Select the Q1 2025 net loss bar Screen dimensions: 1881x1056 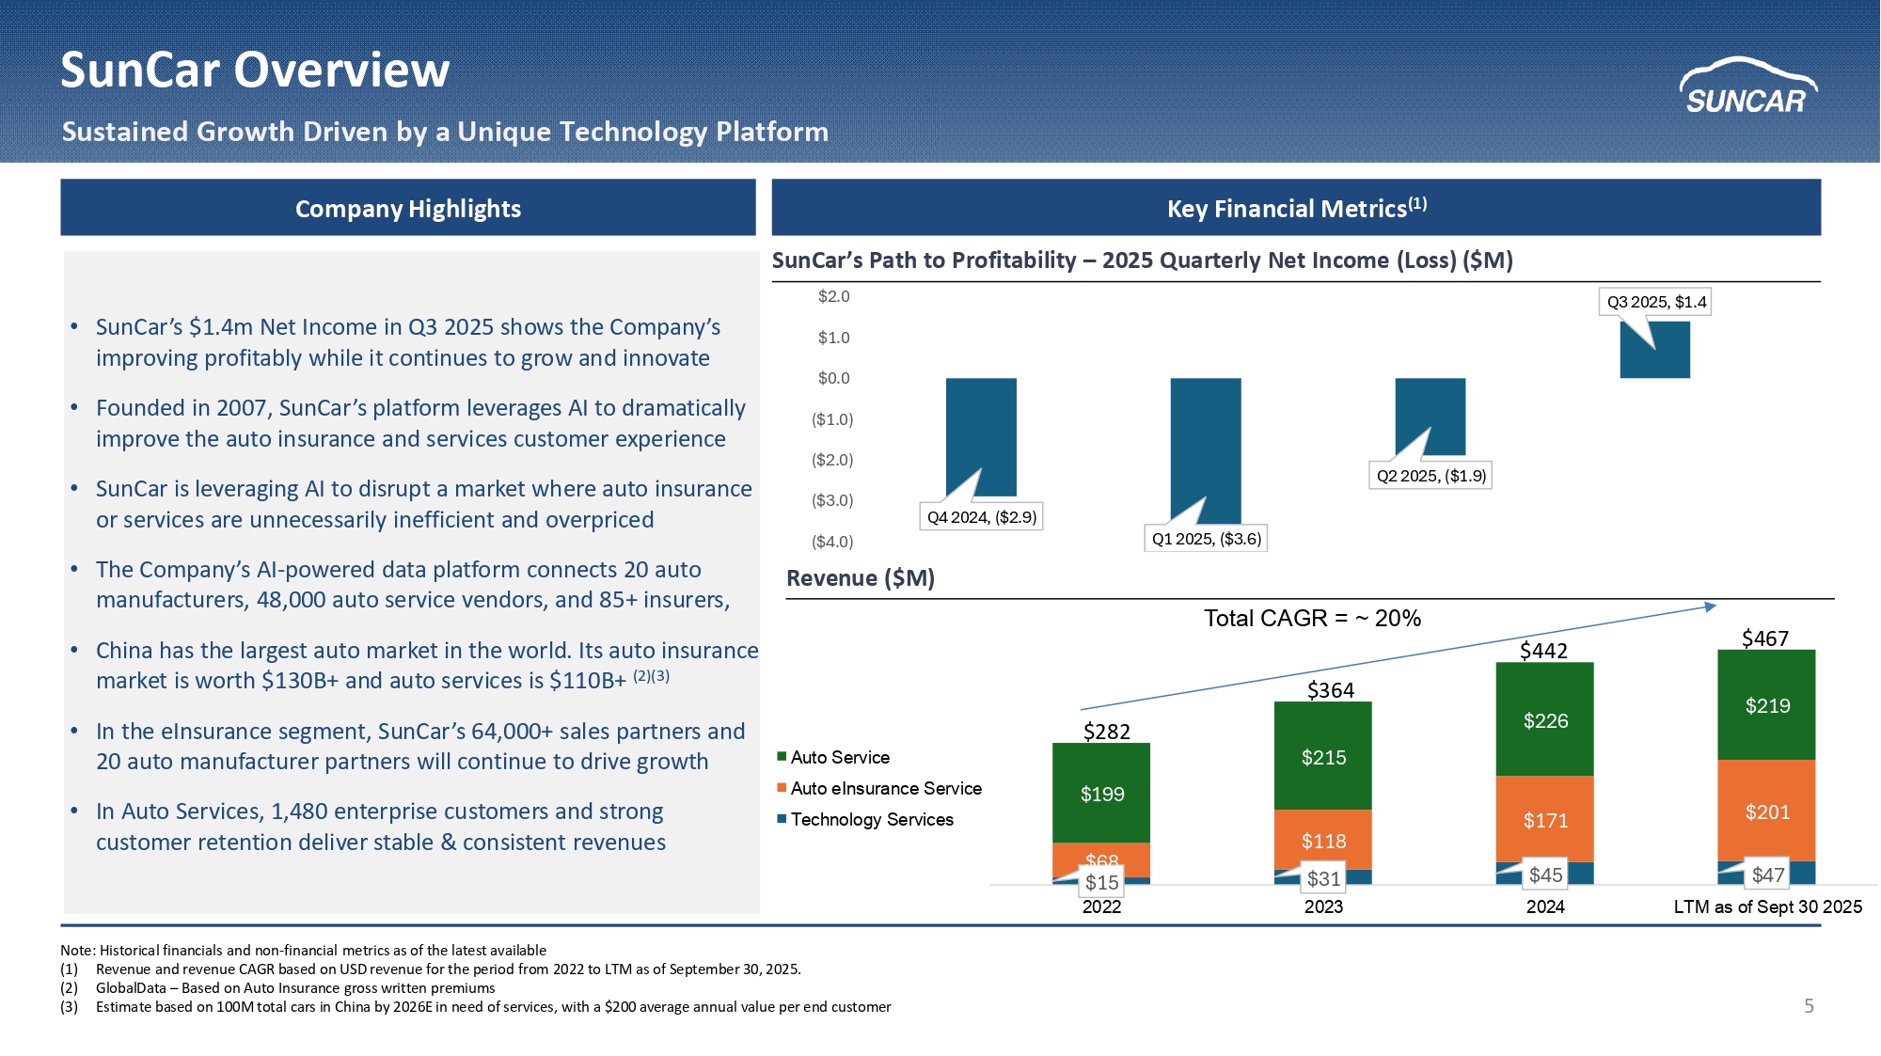tap(1206, 450)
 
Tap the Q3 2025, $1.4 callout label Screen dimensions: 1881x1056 tap(1656, 302)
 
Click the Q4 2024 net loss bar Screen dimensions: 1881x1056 tap(981, 437)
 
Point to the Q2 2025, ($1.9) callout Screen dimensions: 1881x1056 tap(1431, 476)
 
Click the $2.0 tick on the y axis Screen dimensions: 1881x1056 tap(833, 296)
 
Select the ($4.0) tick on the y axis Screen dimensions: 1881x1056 tap(832, 542)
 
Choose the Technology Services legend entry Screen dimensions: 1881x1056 tap(865, 819)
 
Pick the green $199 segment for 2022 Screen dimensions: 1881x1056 tap(1101, 793)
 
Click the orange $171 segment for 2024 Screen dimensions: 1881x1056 tap(1545, 819)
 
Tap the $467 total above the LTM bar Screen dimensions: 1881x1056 tap(1765, 638)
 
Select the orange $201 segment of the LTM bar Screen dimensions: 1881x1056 tap(1767, 811)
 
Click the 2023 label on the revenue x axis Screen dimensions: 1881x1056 tap(1323, 906)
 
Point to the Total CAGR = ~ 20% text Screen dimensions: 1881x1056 tap(1312, 618)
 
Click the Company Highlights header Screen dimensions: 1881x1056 tap(408, 208)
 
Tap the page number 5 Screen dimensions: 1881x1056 tap(1809, 1006)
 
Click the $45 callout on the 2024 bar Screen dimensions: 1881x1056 tap(1545, 875)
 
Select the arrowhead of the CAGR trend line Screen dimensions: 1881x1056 tap(1711, 607)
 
